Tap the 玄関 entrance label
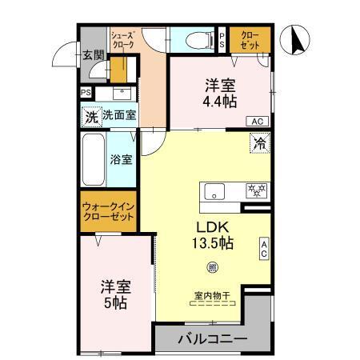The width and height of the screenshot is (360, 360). pyautogui.click(x=93, y=55)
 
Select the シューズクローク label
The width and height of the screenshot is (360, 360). pyautogui.click(x=123, y=39)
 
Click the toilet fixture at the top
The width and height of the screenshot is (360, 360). pyautogui.click(x=195, y=39)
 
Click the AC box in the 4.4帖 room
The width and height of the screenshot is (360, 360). pyautogui.click(x=257, y=121)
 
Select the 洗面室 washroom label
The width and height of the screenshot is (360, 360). pyautogui.click(x=118, y=116)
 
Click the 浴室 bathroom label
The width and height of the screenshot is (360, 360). pyautogui.click(x=121, y=159)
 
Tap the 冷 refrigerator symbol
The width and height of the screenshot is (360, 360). pyautogui.click(x=259, y=144)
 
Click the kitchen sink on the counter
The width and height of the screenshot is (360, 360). pyautogui.click(x=214, y=192)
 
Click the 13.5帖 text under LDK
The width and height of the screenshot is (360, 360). pyautogui.click(x=211, y=242)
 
